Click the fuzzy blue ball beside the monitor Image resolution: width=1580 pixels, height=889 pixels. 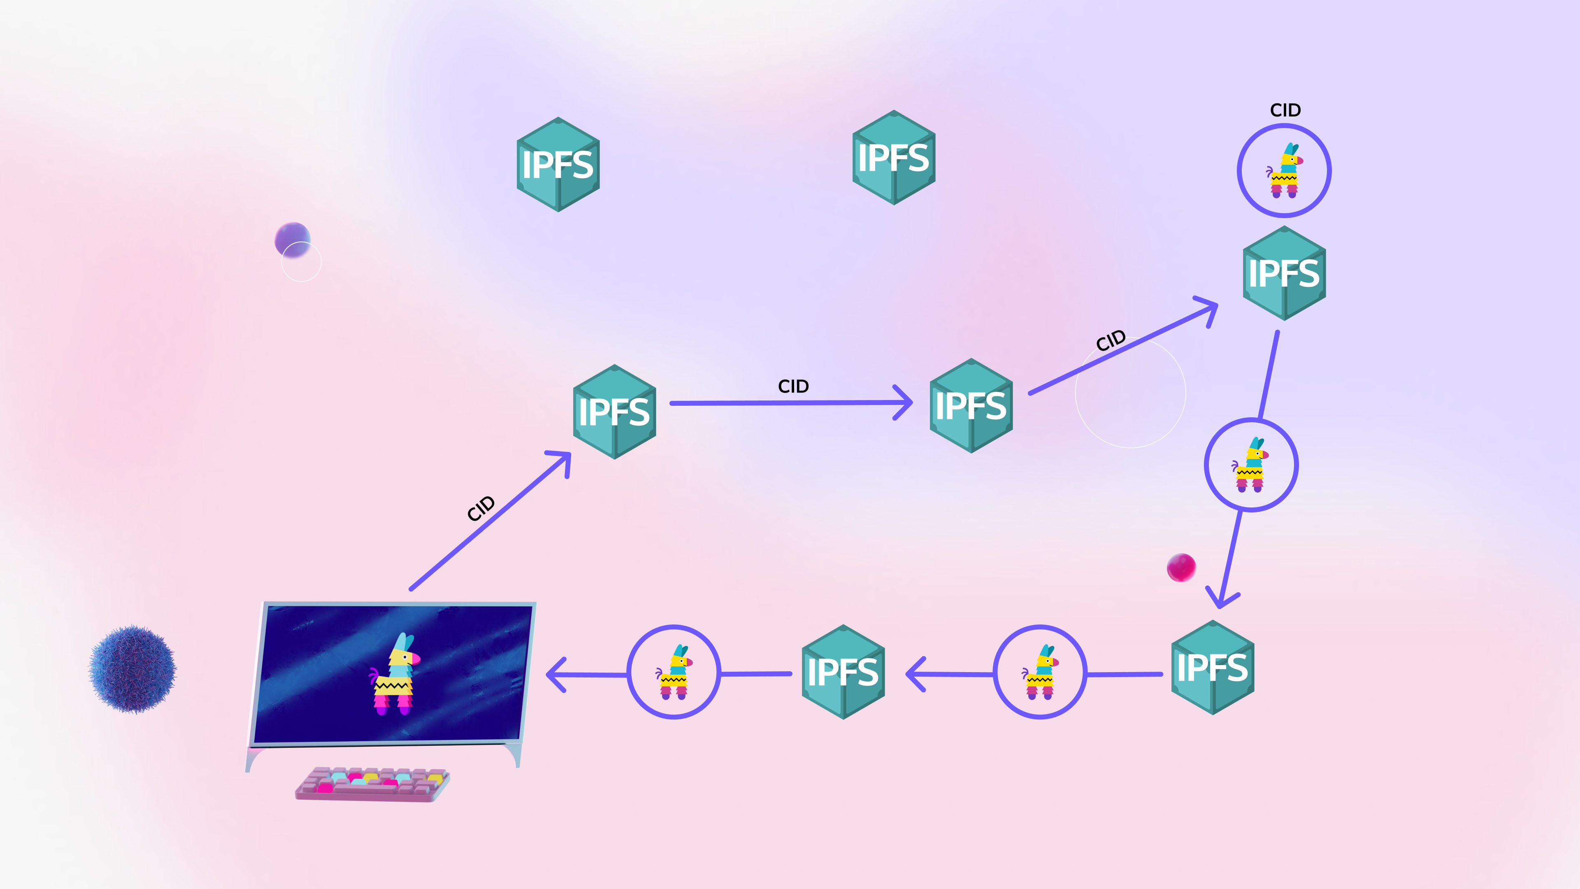click(x=133, y=669)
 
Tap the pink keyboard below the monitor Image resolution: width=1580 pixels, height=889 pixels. click(x=372, y=784)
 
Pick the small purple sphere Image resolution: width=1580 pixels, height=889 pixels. click(x=292, y=239)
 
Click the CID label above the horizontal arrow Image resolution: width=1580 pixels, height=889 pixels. click(x=793, y=386)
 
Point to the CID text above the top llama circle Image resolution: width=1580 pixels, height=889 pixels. click(x=1285, y=110)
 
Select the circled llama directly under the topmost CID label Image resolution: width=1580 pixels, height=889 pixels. click(x=1284, y=170)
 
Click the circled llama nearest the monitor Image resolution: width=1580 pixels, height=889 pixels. click(x=674, y=672)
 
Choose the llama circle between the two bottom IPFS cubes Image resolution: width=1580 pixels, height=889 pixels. click(x=1040, y=672)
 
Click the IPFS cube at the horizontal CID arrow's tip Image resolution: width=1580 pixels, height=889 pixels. click(x=971, y=405)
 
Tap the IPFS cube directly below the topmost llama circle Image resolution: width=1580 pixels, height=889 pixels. click(x=1284, y=273)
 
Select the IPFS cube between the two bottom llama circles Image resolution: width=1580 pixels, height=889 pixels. click(x=843, y=672)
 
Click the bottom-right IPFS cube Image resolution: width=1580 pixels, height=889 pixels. click(x=1212, y=668)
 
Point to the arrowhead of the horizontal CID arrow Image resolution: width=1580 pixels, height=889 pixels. click(x=905, y=403)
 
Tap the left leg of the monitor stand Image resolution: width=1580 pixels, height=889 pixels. click(x=251, y=758)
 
